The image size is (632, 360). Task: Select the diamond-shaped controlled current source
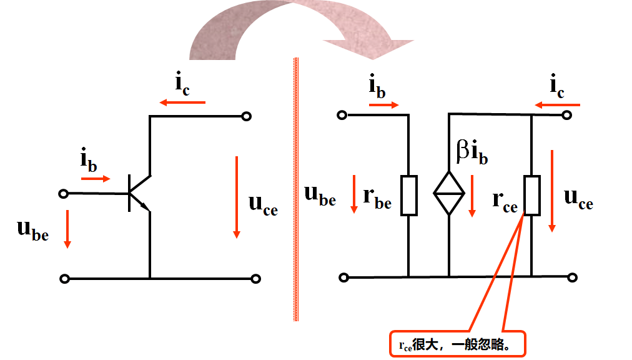449,192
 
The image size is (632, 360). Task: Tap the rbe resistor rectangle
408,195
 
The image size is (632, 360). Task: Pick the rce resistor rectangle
531,195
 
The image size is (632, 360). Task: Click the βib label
472,151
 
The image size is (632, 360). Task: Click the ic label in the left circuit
182,85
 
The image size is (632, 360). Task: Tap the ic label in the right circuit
557,87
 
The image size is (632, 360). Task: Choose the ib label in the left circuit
89,161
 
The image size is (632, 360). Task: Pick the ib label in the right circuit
377,87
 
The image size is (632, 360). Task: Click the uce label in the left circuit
262,204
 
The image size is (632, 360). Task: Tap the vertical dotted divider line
295,187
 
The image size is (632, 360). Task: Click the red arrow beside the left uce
237,197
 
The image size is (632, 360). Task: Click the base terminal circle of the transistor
62,194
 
